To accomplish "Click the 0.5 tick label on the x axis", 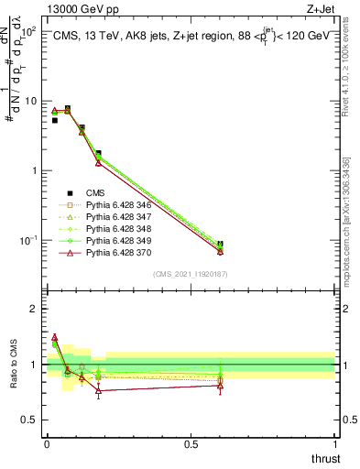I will pos(191,443).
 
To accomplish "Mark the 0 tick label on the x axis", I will pos(47,443).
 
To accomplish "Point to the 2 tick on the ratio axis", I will pos(34,309).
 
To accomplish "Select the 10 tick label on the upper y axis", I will pos(30,101).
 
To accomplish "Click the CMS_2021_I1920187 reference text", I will pos(191,273).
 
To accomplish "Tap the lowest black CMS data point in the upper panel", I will pos(220,245).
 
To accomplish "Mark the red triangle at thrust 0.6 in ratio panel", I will pos(220,386).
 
